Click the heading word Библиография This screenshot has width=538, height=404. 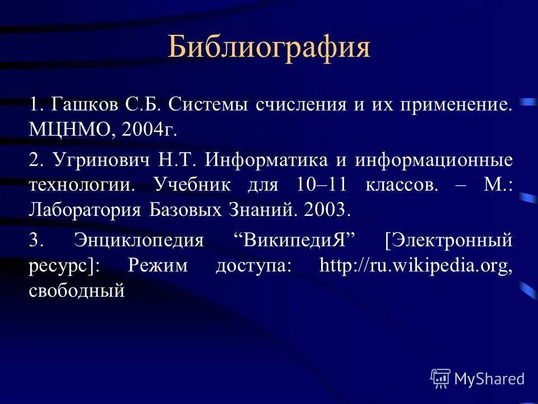pyautogui.click(x=269, y=47)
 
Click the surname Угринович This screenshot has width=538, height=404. pyautogui.click(x=102, y=160)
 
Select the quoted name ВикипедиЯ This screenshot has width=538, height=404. pyautogui.click(x=295, y=240)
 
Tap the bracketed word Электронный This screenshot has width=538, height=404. pyautogui.click(x=449, y=240)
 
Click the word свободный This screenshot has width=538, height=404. pyautogui.click(x=76, y=291)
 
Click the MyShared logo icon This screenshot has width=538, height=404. pyautogui.click(x=440, y=379)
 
